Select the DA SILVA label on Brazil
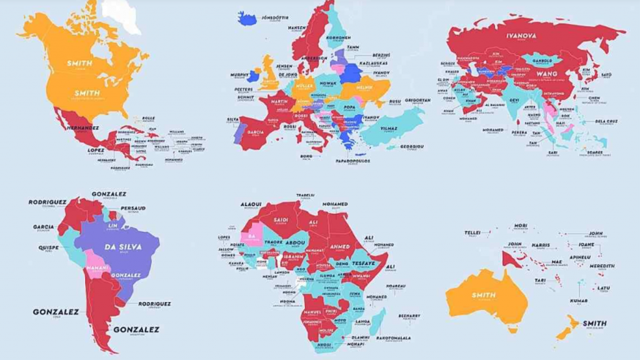point(122,246)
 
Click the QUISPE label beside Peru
point(48,247)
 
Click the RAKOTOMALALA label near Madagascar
point(394,337)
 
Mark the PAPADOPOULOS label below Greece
point(354,161)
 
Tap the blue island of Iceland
point(247,18)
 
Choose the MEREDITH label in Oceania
point(601,266)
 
